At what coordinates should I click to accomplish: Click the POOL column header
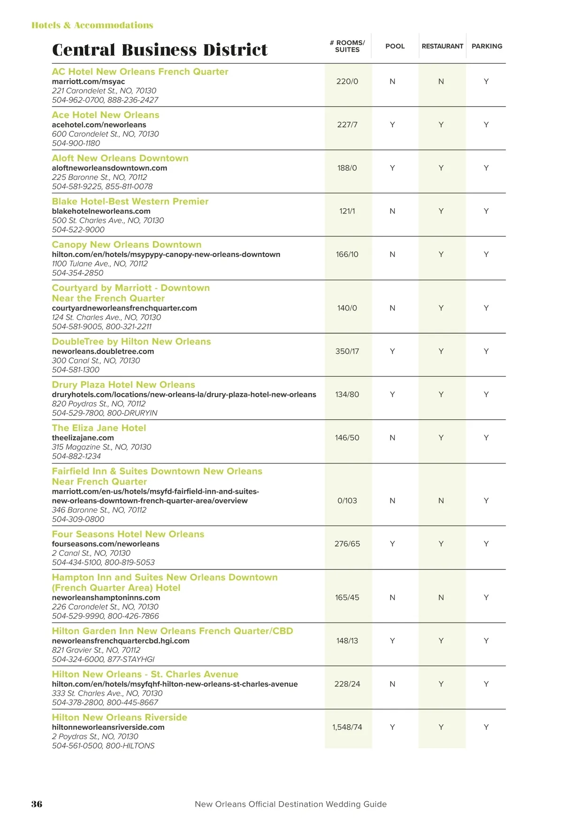[395, 46]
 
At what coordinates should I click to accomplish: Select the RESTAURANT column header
[442, 46]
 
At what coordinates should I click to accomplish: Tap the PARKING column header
[487, 46]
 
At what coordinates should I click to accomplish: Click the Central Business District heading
[160, 50]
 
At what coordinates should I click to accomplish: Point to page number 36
[37, 804]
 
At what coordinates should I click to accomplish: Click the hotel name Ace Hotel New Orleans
[106, 115]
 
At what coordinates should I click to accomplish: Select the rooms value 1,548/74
[347, 727]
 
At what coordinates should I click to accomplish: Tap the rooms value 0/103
[347, 500]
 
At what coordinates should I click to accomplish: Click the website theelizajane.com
[83, 438]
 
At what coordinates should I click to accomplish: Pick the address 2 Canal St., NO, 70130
[91, 553]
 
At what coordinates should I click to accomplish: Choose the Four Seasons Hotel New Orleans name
[128, 534]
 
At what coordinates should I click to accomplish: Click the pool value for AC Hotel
[392, 82]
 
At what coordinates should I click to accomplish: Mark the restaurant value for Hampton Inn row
[441, 598]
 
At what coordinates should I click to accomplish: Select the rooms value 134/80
[347, 394]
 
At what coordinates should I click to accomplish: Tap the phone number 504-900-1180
[76, 143]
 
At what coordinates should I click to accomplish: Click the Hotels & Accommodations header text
[92, 25]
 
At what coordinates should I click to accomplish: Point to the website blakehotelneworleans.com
[101, 211]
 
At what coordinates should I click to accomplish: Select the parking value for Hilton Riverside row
[486, 727]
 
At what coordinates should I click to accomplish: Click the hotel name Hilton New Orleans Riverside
[119, 717]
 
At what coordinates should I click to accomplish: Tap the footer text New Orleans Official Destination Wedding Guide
[290, 804]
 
